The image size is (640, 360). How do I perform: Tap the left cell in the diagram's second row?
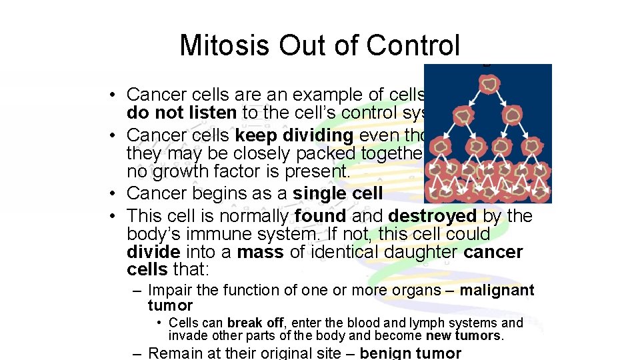(x=461, y=116)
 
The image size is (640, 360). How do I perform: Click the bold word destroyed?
(x=431, y=216)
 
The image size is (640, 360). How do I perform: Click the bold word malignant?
(x=497, y=290)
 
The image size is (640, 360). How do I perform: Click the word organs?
(x=417, y=290)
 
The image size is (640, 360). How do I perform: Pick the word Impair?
(x=168, y=290)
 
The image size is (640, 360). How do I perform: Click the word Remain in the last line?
(x=174, y=353)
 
